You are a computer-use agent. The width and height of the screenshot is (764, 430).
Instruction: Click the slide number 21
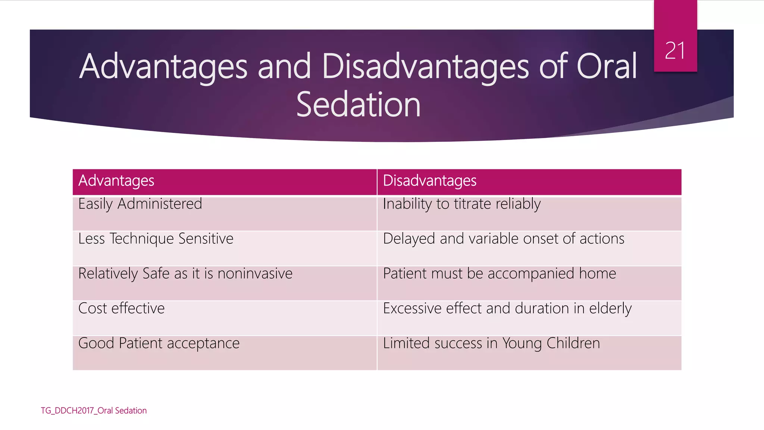pyautogui.click(x=675, y=51)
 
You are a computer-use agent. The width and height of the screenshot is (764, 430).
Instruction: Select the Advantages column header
pyautogui.click(x=116, y=181)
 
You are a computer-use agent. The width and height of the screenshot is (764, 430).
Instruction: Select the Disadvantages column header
pyautogui.click(x=429, y=181)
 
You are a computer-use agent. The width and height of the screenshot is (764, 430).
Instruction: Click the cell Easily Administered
pyautogui.click(x=140, y=204)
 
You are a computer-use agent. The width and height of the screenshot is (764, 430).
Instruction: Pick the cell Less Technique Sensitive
pyautogui.click(x=156, y=239)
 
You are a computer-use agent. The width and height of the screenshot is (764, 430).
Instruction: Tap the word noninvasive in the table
pyautogui.click(x=255, y=274)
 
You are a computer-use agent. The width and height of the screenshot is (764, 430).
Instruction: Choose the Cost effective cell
pyautogui.click(x=121, y=308)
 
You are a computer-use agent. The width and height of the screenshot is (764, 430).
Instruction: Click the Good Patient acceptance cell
pyautogui.click(x=159, y=343)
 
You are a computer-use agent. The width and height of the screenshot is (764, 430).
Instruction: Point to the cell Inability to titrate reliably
pyautogui.click(x=461, y=204)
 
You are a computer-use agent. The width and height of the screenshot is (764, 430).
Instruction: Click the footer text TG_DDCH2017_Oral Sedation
pyautogui.click(x=94, y=411)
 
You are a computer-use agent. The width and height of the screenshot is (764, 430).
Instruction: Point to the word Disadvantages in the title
pyautogui.click(x=425, y=67)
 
